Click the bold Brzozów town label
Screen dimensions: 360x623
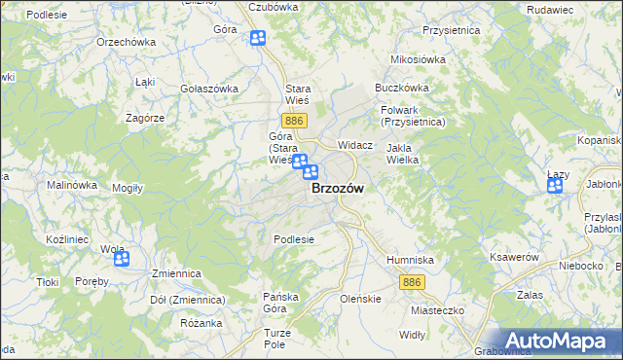(x=338, y=190)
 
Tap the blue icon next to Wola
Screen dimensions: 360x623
(x=122, y=259)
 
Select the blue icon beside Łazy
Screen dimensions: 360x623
(x=555, y=186)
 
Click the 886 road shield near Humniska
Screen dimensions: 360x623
(x=411, y=281)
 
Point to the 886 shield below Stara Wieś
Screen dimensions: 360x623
(x=297, y=120)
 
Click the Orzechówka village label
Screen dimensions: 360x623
(x=127, y=43)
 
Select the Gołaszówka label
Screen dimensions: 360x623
(x=209, y=89)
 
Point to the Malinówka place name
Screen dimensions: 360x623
(x=72, y=185)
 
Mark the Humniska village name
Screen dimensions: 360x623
(x=410, y=261)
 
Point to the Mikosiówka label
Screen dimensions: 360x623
(x=418, y=59)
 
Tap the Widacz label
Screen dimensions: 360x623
(x=355, y=144)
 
